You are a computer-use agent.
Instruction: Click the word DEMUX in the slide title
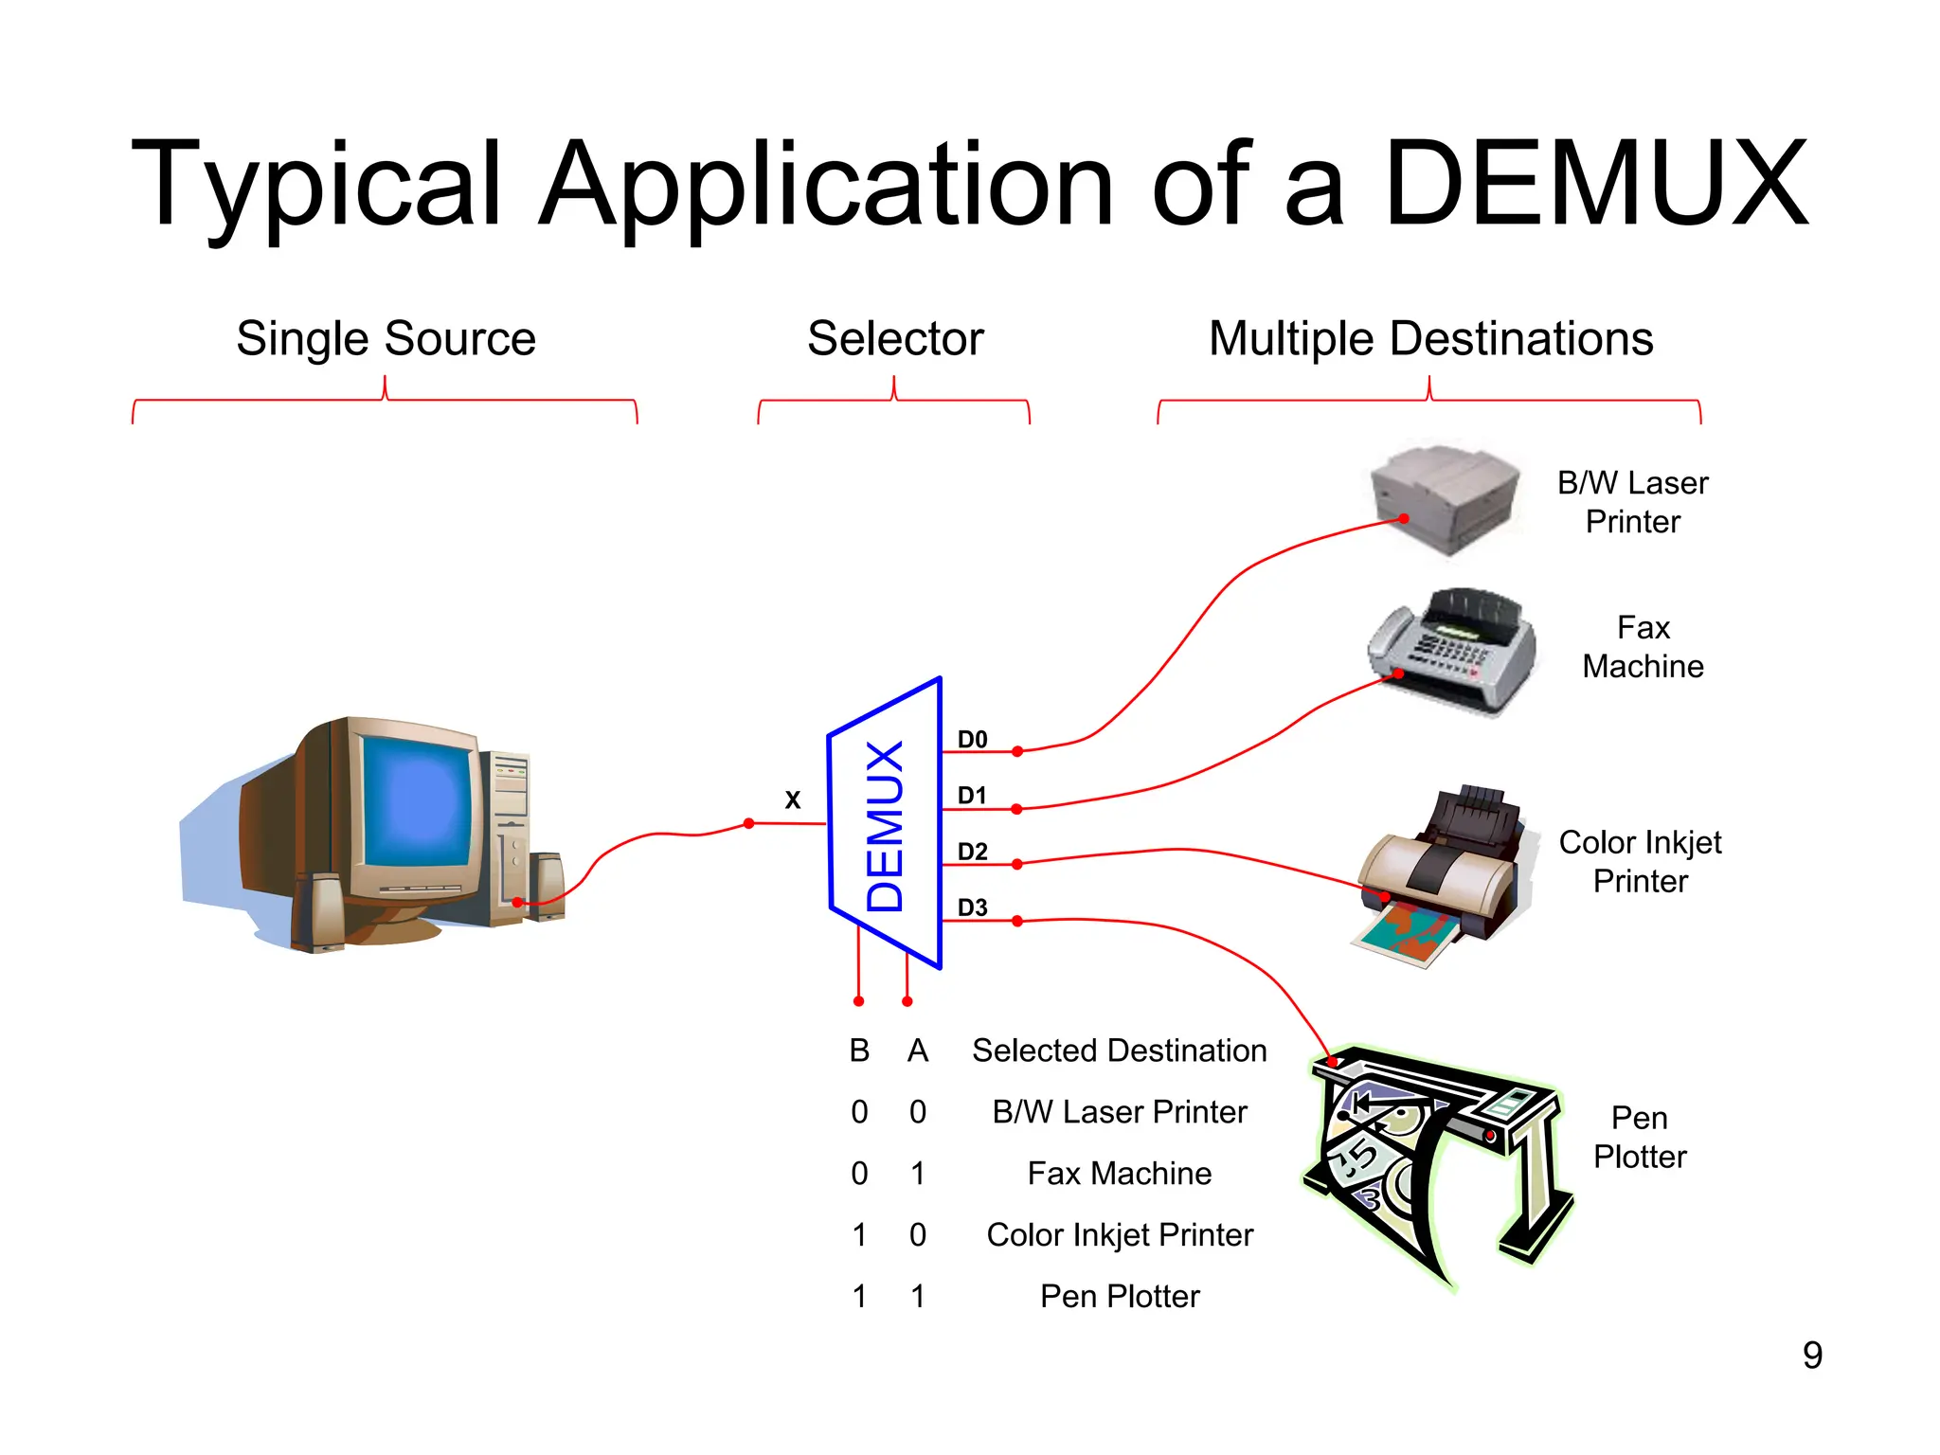(x=1595, y=185)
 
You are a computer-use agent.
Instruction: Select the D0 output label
(x=972, y=739)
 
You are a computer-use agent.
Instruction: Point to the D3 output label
(x=972, y=907)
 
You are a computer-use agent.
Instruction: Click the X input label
(x=793, y=800)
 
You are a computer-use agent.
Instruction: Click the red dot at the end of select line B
(x=858, y=1001)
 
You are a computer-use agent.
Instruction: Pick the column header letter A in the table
(x=917, y=1051)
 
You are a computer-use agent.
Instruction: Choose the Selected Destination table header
(x=1119, y=1051)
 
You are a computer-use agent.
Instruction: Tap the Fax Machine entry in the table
(x=1119, y=1174)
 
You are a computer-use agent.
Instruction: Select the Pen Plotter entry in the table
(x=1119, y=1296)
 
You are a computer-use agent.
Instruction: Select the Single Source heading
(x=386, y=338)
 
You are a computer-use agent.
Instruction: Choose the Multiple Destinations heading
(x=1430, y=338)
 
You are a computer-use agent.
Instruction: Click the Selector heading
(x=895, y=338)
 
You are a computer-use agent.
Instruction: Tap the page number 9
(x=1812, y=1356)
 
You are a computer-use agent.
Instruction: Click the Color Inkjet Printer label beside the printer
(x=1640, y=861)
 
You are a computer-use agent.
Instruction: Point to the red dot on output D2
(x=1016, y=864)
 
